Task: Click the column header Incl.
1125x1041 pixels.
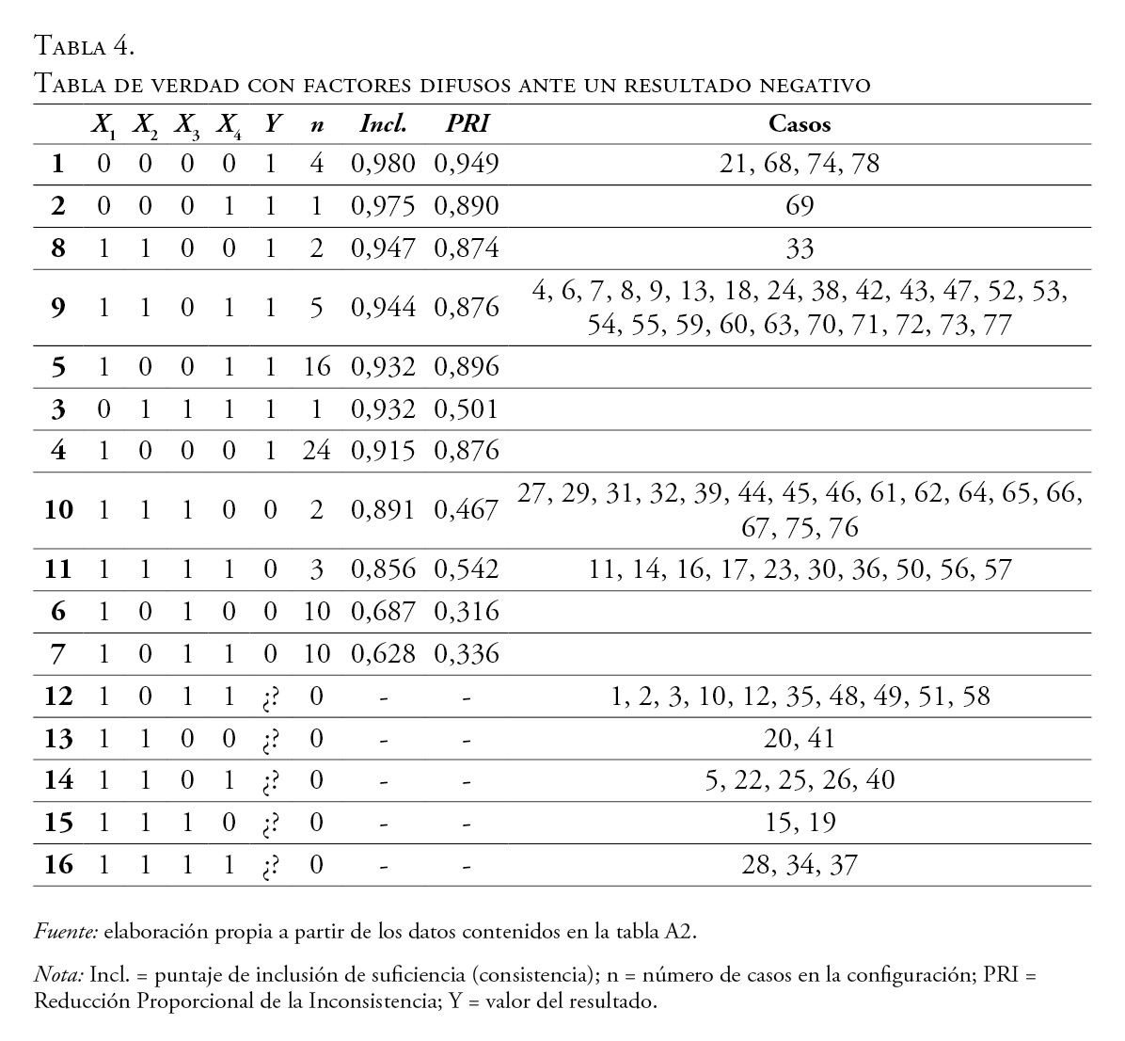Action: tap(383, 123)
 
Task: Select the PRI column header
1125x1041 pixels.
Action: tap(467, 123)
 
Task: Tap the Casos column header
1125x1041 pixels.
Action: tap(800, 123)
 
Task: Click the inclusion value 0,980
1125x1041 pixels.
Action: tap(383, 164)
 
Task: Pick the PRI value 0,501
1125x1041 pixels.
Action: tap(467, 409)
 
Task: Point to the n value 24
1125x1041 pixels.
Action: tap(317, 451)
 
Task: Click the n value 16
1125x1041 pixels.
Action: tap(317, 367)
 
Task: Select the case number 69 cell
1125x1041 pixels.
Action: tap(800, 206)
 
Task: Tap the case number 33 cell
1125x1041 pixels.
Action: tap(800, 248)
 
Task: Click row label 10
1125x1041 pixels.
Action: tap(58, 510)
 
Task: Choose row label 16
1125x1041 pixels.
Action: tap(58, 864)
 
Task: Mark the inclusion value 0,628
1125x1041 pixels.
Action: tap(383, 653)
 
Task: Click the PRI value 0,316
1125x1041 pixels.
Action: tap(467, 612)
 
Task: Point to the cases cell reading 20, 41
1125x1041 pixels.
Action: tap(800, 739)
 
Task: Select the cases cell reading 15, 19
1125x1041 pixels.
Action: tap(800, 823)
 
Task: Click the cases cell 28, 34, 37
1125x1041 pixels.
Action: tap(800, 864)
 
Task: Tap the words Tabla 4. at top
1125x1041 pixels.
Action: tap(86, 44)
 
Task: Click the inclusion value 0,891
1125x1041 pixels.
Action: tap(383, 510)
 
